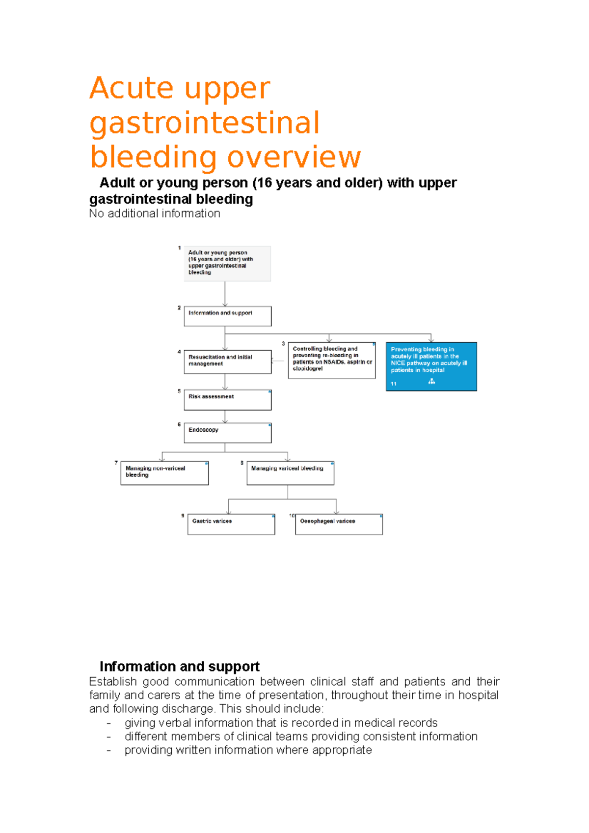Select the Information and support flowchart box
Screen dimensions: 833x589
coord(227,316)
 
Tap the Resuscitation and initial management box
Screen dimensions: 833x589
coord(227,362)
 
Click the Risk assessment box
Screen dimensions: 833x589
coord(227,400)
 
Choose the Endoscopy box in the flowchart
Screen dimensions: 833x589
coord(227,433)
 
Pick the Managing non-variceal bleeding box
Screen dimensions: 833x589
coord(164,473)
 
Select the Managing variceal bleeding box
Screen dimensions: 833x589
coord(290,473)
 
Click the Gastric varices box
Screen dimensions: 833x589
coord(231,524)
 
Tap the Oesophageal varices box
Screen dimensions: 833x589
coord(339,524)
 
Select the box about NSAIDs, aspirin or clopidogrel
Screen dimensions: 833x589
coord(331,361)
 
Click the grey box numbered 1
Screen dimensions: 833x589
coord(227,263)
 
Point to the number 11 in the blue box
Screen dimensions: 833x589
coord(394,384)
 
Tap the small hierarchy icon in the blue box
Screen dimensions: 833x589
coord(431,382)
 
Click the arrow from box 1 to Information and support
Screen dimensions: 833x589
coord(225,294)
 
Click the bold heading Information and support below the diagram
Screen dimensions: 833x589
coord(179,666)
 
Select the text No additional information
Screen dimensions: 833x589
coord(154,213)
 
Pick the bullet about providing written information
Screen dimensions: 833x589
coord(248,750)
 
